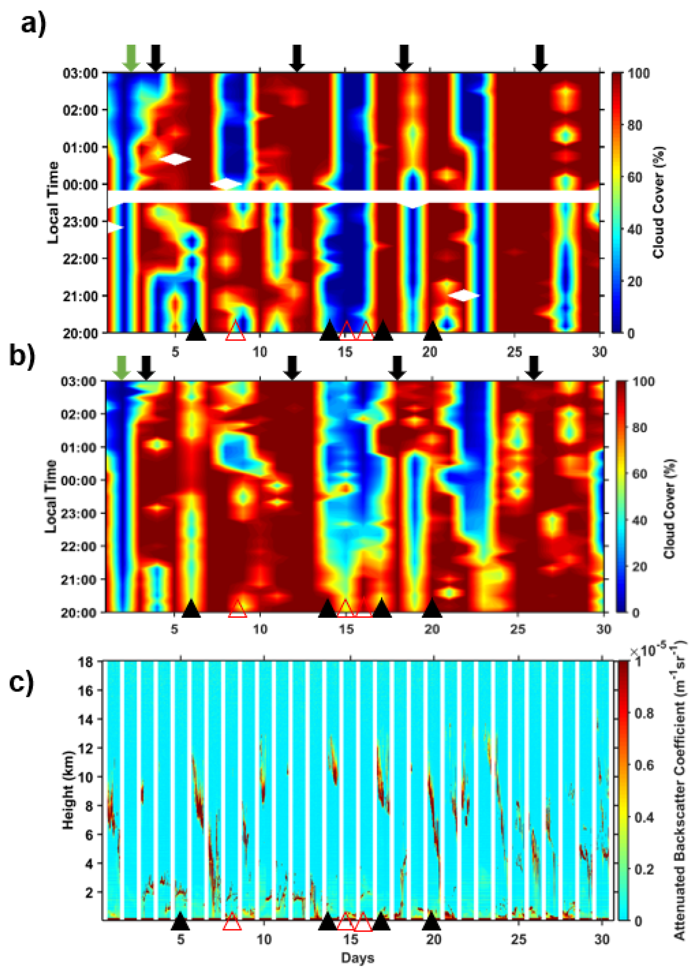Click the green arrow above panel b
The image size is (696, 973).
tap(122, 367)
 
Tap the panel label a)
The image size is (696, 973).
tap(34, 24)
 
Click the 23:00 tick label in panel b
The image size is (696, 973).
tap(80, 513)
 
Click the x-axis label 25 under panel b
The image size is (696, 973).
tap(518, 629)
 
